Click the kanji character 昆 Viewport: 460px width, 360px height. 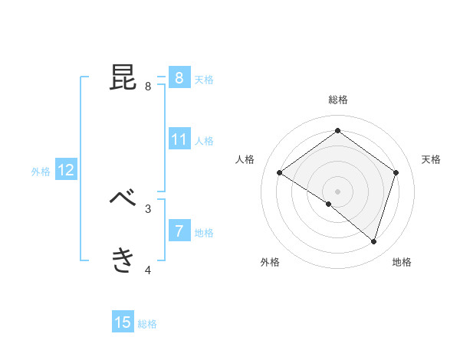tap(123, 77)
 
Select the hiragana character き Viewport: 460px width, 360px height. tap(123, 260)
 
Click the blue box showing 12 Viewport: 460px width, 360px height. tap(65, 171)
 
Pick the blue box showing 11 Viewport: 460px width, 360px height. tap(179, 139)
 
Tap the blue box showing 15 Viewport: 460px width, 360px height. tap(123, 322)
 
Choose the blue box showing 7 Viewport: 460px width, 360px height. tap(179, 231)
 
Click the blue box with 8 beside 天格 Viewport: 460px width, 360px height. tap(179, 77)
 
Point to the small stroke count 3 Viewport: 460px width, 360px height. tap(148, 208)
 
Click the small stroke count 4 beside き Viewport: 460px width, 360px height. tap(148, 270)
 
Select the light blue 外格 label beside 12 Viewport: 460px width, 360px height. tap(41, 172)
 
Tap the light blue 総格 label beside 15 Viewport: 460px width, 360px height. tap(147, 324)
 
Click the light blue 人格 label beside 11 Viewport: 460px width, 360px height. tap(204, 141)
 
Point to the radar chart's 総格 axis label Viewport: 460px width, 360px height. tap(337, 100)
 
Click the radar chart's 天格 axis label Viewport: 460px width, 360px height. tap(431, 159)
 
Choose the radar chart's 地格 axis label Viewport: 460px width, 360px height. tap(402, 262)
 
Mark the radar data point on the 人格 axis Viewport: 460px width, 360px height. tap(280, 173)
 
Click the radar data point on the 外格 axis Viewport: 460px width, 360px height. tap(329, 204)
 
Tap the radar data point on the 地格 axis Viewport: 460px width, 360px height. tap(373, 241)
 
